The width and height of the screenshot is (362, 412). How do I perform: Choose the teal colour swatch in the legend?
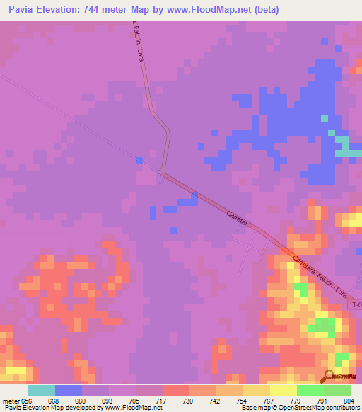pyautogui.click(x=41, y=390)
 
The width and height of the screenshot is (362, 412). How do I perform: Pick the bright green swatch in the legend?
pyautogui.click(x=310, y=390)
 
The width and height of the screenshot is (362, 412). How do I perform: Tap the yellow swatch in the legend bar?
pyautogui.click(x=283, y=390)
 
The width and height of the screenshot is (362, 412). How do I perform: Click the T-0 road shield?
pyautogui.click(x=355, y=304)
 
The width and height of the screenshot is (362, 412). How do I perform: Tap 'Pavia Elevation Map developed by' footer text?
pyautogui.click(x=49, y=408)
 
